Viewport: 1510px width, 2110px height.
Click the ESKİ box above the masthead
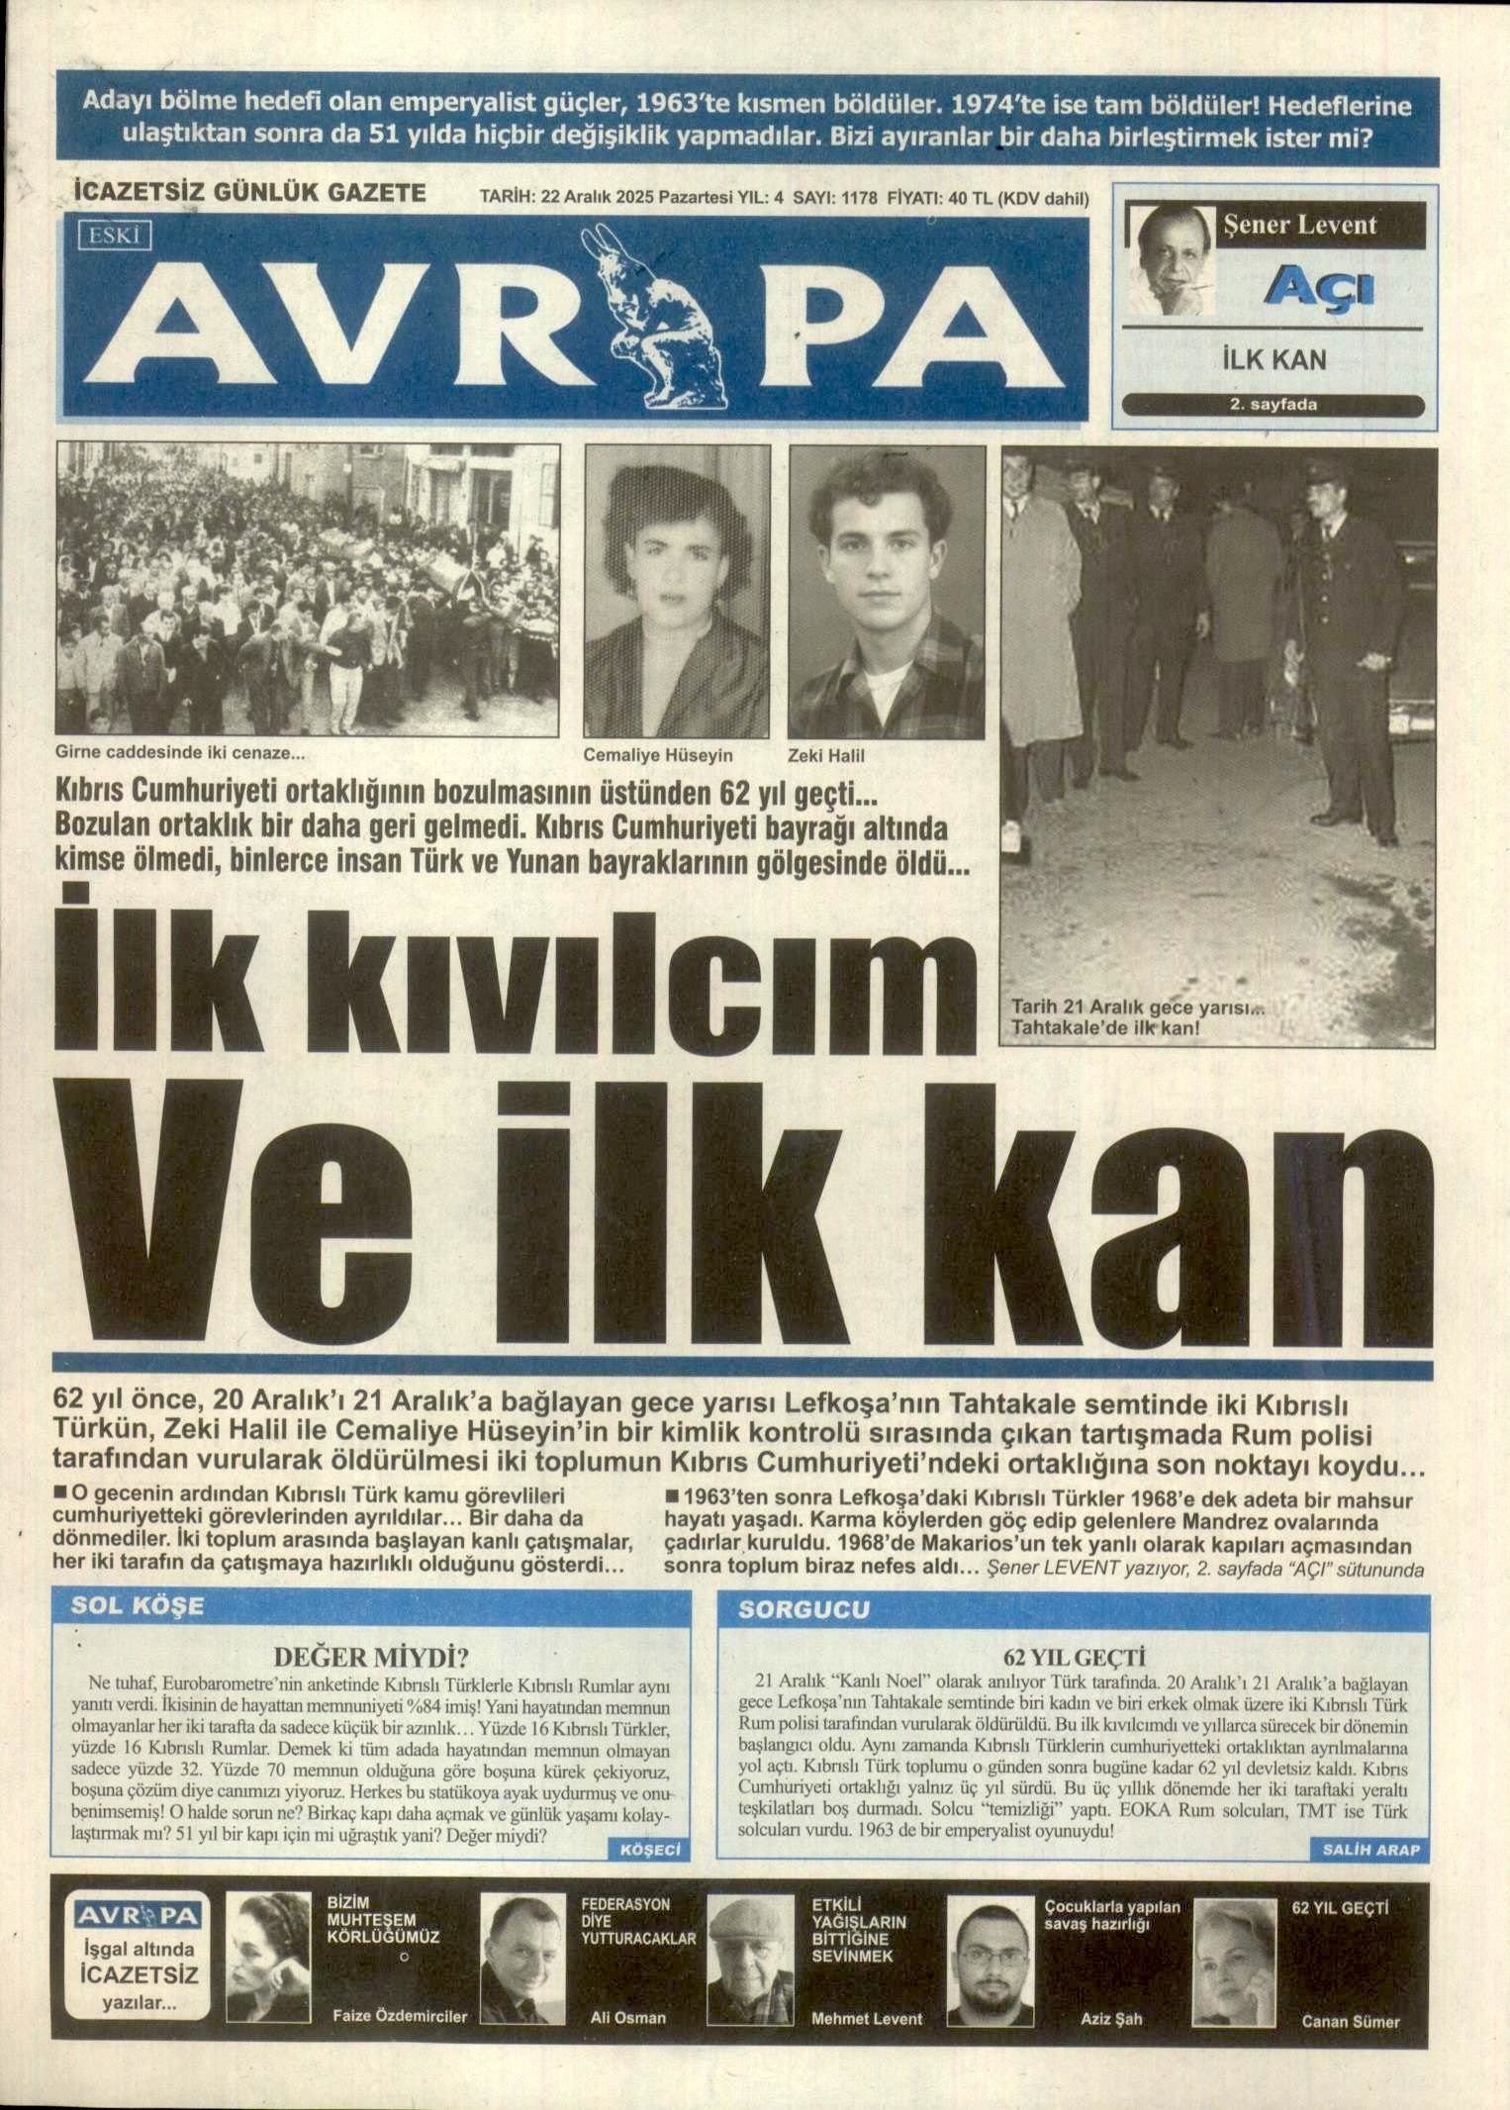115,237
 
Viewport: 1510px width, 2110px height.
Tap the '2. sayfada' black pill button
1273,405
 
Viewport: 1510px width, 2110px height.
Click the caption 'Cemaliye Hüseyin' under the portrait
658,756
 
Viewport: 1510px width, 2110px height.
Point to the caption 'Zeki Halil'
826,756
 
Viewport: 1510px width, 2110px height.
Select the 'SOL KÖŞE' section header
138,1606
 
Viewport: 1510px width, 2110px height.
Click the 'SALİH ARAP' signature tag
1370,1850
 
